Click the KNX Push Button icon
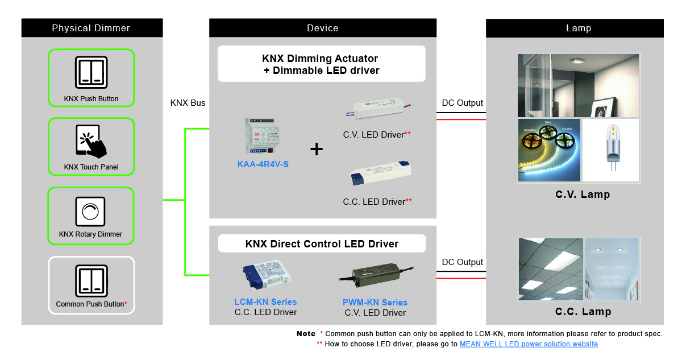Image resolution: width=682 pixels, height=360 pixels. [x=91, y=72]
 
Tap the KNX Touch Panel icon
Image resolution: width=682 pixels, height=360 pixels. [x=91, y=140]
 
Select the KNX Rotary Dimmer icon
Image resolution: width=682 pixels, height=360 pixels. [x=90, y=212]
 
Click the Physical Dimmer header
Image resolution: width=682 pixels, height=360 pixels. [x=91, y=28]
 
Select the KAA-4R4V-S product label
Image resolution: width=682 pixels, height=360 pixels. [x=263, y=164]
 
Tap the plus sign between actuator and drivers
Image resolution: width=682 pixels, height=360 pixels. [x=317, y=150]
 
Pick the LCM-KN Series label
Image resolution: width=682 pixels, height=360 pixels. [x=265, y=302]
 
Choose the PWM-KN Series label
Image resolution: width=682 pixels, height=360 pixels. [x=375, y=303]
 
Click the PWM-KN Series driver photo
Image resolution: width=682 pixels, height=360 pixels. [x=376, y=275]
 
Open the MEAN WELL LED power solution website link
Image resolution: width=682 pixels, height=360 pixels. [x=529, y=344]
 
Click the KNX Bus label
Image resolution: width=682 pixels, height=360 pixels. [x=188, y=103]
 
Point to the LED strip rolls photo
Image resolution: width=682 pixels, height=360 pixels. [x=549, y=150]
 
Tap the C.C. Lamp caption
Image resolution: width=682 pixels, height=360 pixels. [x=583, y=312]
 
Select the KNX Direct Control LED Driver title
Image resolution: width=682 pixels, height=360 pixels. [x=322, y=244]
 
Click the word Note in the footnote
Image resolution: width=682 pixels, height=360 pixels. [x=306, y=333]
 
